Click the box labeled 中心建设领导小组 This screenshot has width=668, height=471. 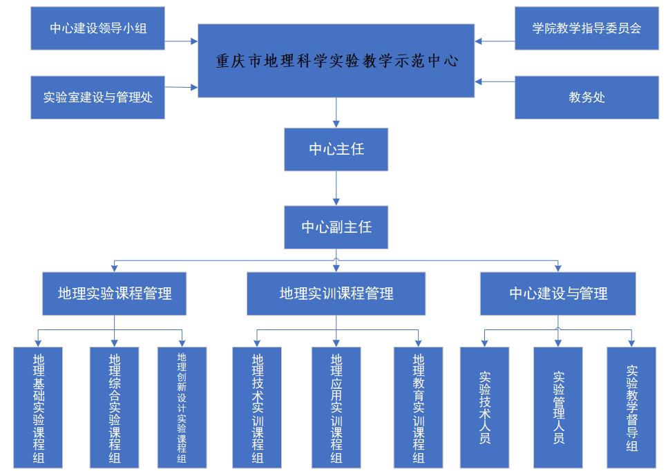98,28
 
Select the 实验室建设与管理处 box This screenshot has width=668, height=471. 98,97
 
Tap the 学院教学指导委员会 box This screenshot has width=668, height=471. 586,28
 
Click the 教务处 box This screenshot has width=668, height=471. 586,97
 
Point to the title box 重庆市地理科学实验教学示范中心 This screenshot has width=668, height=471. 336,61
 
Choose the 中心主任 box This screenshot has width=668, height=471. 336,149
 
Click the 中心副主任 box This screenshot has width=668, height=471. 336,227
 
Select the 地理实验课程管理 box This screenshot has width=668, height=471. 115,294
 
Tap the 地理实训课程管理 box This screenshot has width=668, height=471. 336,294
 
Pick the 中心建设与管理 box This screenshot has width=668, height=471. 558,294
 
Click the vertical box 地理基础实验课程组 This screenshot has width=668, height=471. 38,407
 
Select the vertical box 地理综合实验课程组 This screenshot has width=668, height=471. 115,407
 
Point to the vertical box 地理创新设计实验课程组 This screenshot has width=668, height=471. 182,407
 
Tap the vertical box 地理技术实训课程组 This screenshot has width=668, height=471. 257,407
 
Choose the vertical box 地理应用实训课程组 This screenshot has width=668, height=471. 336,407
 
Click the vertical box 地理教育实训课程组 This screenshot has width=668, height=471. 418,407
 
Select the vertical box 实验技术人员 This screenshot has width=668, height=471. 484,407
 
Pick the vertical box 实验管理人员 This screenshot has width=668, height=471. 558,407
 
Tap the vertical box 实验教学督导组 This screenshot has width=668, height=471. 631,407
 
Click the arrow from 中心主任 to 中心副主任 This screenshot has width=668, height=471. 336,188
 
